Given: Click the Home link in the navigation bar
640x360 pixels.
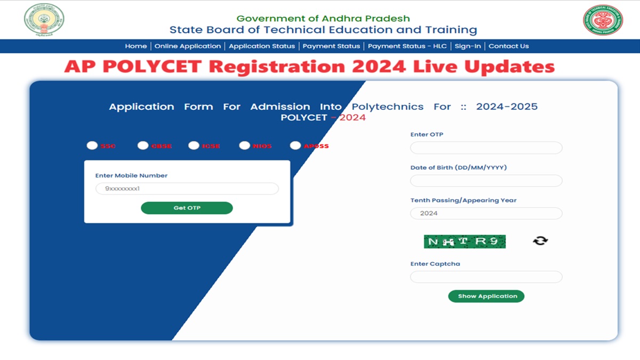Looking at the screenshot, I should [135, 46].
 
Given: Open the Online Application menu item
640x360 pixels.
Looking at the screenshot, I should [188, 46].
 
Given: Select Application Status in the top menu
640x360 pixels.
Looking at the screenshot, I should [262, 46].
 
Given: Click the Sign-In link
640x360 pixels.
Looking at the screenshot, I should [468, 46].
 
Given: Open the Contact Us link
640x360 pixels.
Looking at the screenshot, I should [509, 46].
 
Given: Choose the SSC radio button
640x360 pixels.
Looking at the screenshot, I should [92, 145].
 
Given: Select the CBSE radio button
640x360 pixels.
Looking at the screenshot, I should [143, 145].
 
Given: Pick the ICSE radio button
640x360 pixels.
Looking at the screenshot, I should [194, 145].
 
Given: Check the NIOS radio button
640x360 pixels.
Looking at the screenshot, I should [244, 145].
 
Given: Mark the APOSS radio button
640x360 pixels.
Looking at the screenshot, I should [295, 145].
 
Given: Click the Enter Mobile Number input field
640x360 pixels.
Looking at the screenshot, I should [187, 189].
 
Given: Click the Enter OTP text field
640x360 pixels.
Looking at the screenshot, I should [486, 148].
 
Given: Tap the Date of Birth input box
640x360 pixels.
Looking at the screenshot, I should [486, 181].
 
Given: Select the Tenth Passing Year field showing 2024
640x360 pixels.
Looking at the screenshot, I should [486, 213].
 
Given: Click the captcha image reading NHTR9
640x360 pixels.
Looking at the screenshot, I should [465, 242].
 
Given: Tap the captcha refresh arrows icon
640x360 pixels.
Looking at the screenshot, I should [540, 241].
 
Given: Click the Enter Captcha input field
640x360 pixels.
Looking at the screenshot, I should [486, 277].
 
